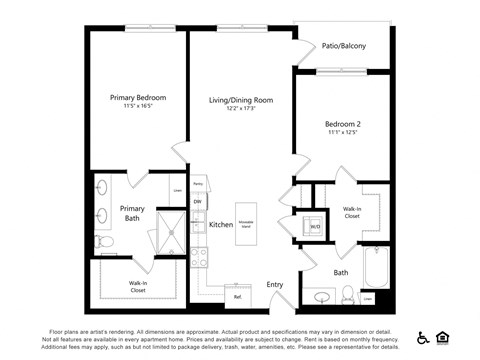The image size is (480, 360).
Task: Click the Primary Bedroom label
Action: (x=138, y=98)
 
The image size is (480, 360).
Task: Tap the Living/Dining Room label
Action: (x=240, y=100)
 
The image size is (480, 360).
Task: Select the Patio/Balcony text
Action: (x=343, y=46)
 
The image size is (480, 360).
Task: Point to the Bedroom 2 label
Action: (x=343, y=124)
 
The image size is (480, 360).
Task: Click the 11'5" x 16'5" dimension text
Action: (x=138, y=106)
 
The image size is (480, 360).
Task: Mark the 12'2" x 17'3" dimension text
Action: (x=240, y=108)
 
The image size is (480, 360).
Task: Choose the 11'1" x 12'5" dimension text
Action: (x=343, y=132)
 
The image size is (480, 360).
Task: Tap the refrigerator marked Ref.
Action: (x=238, y=296)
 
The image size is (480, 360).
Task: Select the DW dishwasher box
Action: (x=197, y=202)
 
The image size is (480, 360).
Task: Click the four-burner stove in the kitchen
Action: (x=198, y=256)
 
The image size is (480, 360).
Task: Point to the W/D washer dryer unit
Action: (x=314, y=226)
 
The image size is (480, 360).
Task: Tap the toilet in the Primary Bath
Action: (x=105, y=241)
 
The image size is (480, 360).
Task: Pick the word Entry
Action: (x=274, y=285)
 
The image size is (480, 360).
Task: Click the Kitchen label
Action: (x=221, y=225)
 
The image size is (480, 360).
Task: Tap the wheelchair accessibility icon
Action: (x=423, y=338)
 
